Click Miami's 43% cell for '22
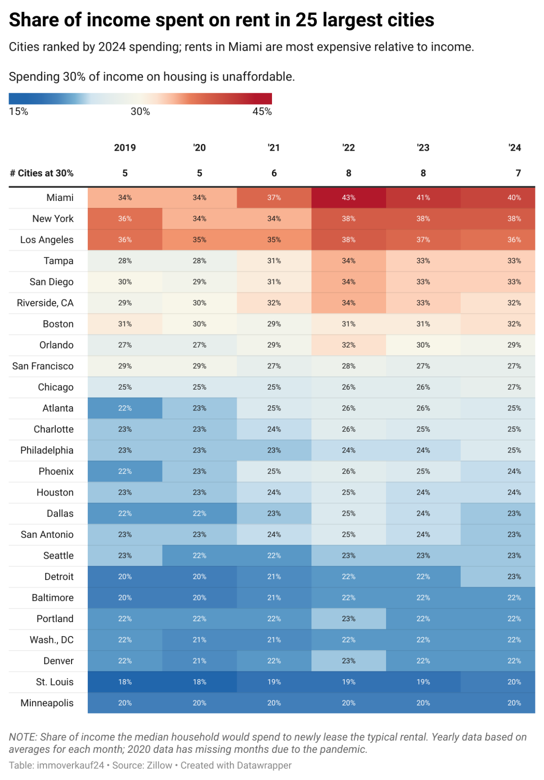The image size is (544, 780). pyautogui.click(x=348, y=198)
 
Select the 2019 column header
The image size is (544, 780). pyautogui.click(x=125, y=147)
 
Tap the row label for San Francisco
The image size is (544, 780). pyautogui.click(x=43, y=366)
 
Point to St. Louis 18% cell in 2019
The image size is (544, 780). pyautogui.click(x=125, y=682)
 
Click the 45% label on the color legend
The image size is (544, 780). pyautogui.click(x=262, y=112)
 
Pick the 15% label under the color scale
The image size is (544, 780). pyautogui.click(x=19, y=112)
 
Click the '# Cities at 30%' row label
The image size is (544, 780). pyautogui.click(x=42, y=173)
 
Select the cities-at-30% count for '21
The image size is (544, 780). pyautogui.click(x=274, y=173)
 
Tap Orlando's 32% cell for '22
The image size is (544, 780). pyautogui.click(x=348, y=345)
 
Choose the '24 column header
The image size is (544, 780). pyautogui.click(x=515, y=147)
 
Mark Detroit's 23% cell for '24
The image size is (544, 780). pyautogui.click(x=514, y=576)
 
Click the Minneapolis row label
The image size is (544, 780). pyautogui.click(x=47, y=703)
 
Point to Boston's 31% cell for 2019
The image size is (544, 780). pyautogui.click(x=125, y=324)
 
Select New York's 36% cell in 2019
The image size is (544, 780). pyautogui.click(x=125, y=219)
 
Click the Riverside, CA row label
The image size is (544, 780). pyautogui.click(x=45, y=303)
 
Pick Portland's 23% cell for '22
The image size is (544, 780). pyautogui.click(x=348, y=618)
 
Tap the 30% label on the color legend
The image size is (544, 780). pyautogui.click(x=140, y=112)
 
